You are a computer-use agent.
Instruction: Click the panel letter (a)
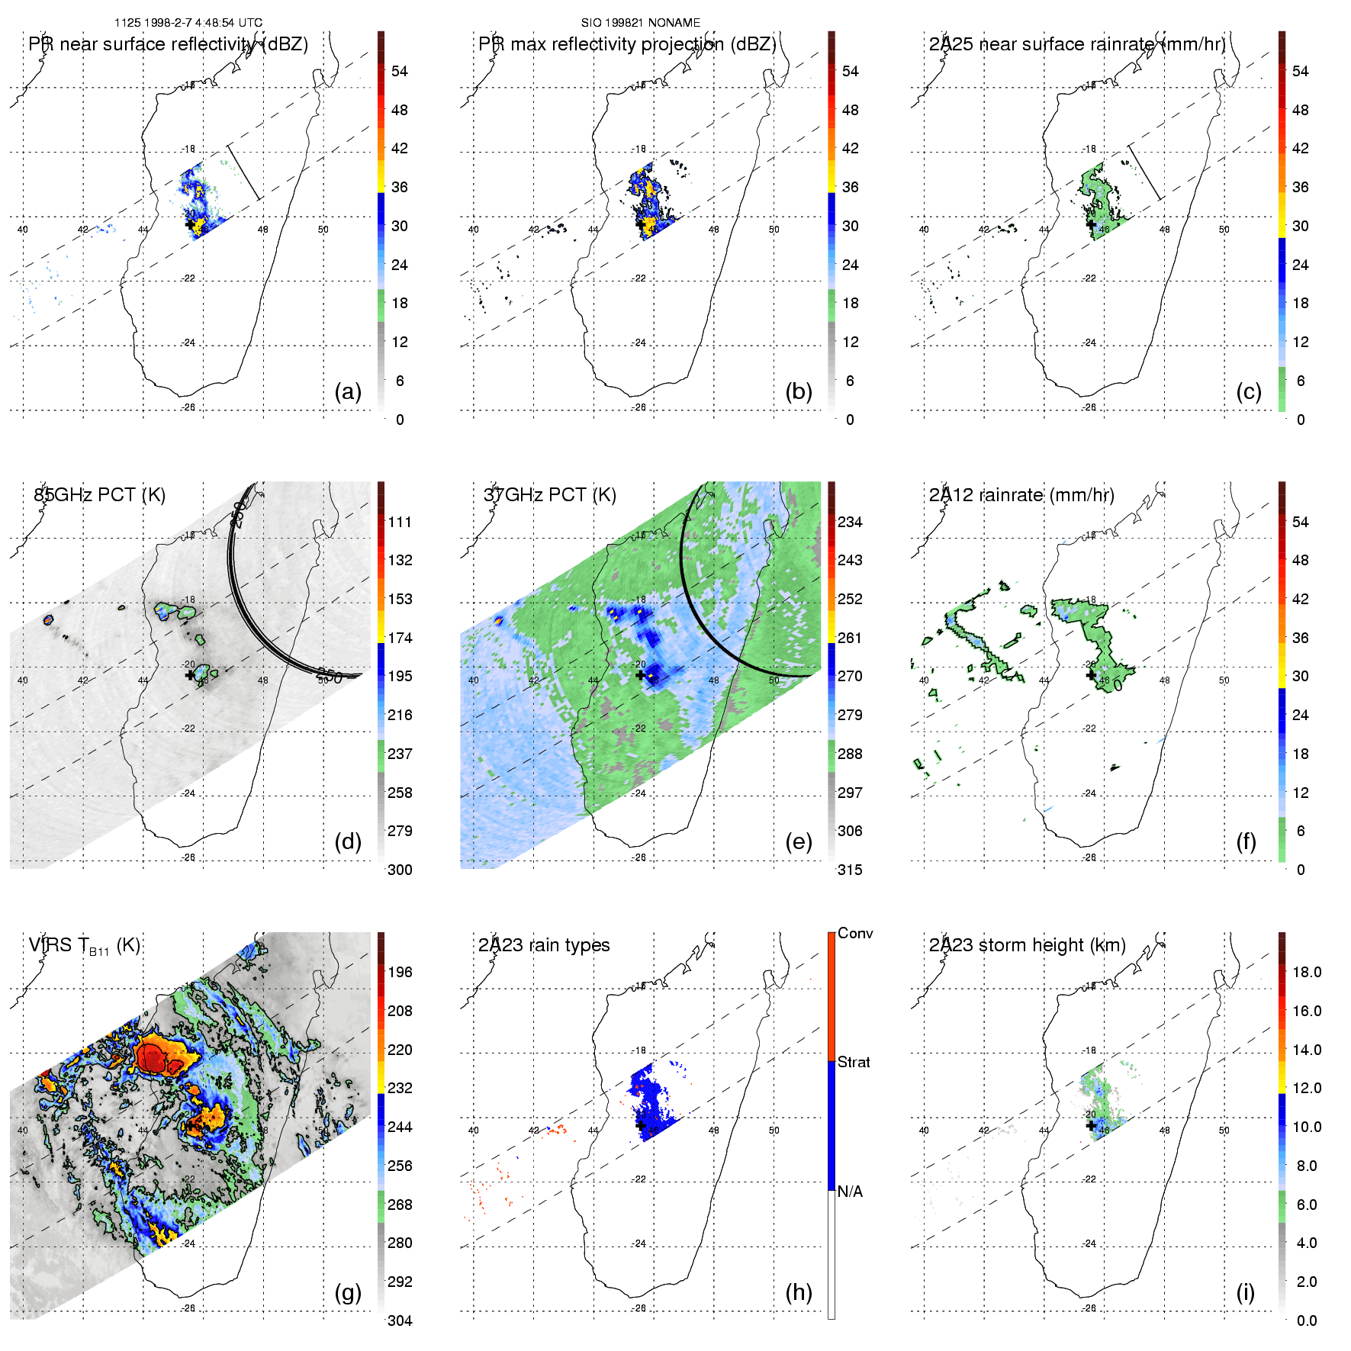348,392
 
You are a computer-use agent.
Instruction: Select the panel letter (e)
798,842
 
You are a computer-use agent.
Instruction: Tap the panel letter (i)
1245,1292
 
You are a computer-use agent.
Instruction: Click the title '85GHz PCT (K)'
99,495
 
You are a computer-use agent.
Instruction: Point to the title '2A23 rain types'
544,945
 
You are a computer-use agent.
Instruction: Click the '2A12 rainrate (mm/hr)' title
1021,495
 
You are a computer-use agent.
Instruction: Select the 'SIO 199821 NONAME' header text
641,23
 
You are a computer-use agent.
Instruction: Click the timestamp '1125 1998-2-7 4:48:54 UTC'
188,23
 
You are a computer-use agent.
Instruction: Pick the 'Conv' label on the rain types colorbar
855,933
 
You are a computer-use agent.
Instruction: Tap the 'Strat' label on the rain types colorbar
854,1062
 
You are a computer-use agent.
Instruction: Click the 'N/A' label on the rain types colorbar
850,1192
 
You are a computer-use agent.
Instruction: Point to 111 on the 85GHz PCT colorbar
400,522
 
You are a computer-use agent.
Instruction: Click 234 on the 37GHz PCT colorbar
850,522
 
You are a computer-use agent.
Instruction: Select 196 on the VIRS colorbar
400,972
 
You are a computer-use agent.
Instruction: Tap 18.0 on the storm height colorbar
1307,972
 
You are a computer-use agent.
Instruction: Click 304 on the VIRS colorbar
400,1320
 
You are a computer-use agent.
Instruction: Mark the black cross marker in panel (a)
190,225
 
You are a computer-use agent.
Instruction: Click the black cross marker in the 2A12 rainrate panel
1091,675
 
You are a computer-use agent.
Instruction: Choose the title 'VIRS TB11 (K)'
85,946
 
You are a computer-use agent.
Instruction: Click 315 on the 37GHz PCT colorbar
850,870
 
